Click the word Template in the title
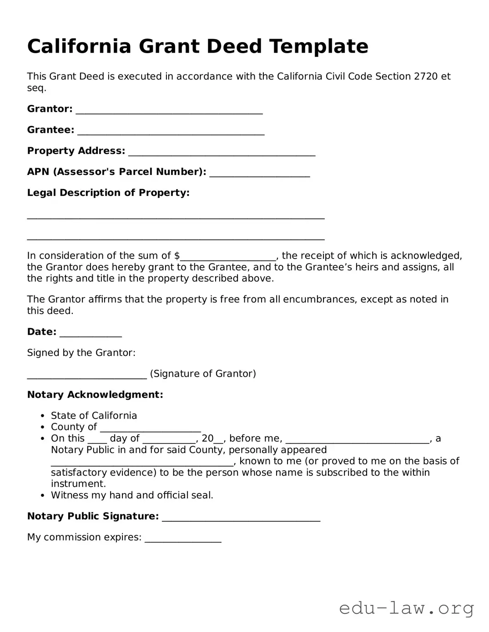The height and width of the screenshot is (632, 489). [318, 46]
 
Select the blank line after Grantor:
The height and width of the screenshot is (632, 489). [169, 110]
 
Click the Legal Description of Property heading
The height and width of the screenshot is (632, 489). [108, 193]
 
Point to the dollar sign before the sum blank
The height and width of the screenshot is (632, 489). [177, 256]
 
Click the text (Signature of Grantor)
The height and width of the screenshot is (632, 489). [203, 373]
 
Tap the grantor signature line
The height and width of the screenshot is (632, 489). [87, 375]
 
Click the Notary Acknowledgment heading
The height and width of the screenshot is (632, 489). [95, 394]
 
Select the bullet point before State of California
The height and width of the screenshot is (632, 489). [42, 416]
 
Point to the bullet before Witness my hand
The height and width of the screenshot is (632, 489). [42, 495]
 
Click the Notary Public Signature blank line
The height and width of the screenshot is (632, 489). [241, 518]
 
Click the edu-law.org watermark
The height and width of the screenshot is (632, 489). [407, 608]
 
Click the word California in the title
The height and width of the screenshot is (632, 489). [79, 46]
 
